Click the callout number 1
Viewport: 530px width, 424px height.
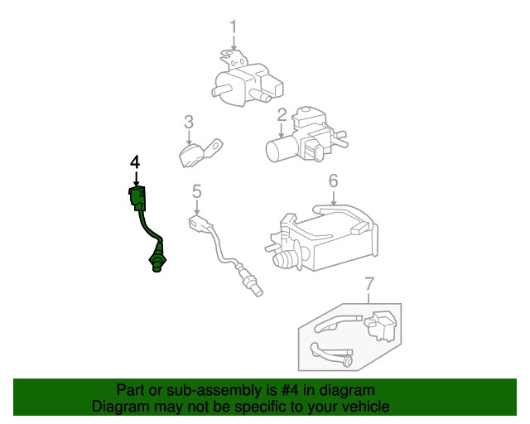[234, 26]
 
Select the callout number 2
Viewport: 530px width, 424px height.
[282, 114]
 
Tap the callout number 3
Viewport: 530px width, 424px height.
[189, 123]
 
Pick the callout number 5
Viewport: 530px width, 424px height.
[197, 191]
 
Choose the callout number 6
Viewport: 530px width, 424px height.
[333, 181]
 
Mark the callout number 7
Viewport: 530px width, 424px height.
[369, 286]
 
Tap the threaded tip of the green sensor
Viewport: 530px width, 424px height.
[155, 263]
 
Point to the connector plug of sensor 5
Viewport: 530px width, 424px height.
[199, 224]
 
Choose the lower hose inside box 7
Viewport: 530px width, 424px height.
[331, 354]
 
